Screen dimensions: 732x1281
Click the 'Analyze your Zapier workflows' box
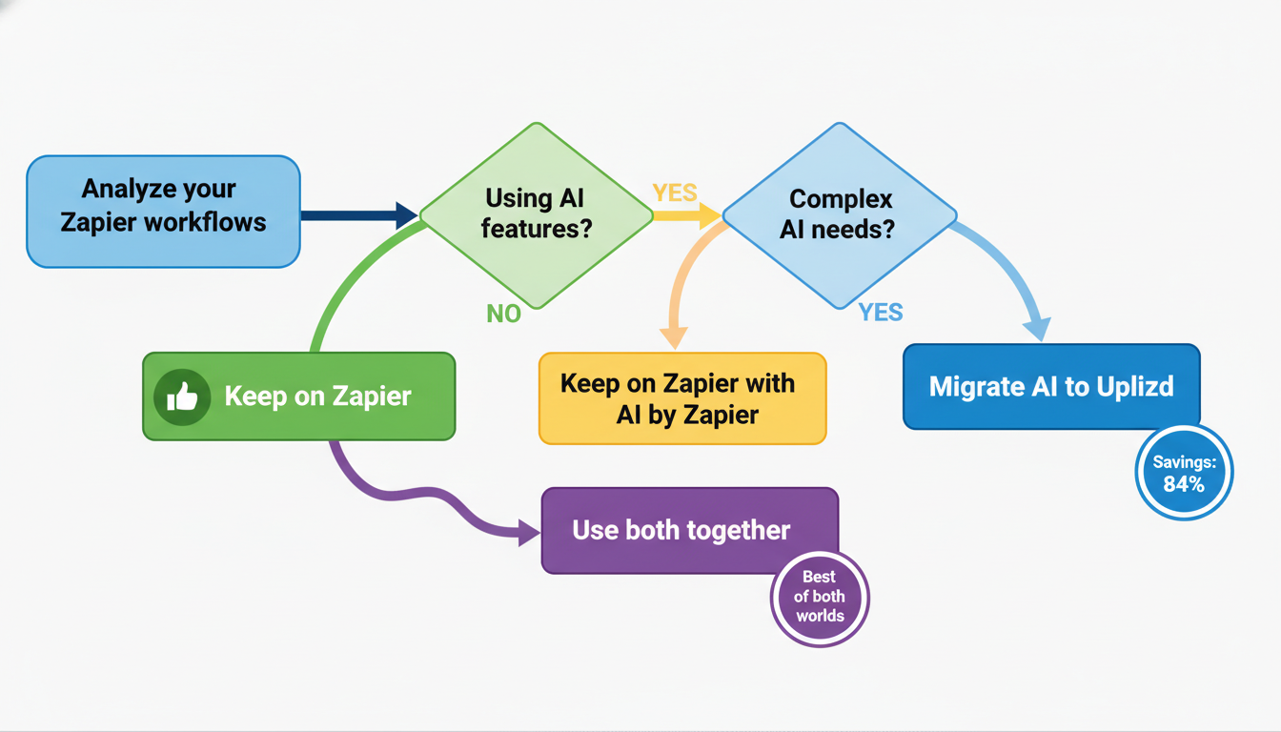tap(163, 211)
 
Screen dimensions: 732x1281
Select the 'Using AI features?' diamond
tap(536, 215)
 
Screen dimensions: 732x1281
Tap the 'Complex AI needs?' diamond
tap(839, 215)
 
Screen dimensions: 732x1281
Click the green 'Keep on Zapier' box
tap(298, 396)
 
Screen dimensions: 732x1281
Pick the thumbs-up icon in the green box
tap(182, 396)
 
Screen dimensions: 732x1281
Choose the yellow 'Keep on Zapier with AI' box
tap(681, 398)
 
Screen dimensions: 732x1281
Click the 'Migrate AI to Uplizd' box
tap(1050, 387)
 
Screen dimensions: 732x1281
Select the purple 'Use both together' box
tap(689, 531)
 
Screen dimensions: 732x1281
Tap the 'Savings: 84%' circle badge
tap(1184, 473)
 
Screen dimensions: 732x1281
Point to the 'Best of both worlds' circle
tap(819, 597)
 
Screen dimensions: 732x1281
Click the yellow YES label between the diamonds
tap(675, 193)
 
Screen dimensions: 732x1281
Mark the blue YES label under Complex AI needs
tap(880, 313)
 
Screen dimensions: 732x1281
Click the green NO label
tap(503, 314)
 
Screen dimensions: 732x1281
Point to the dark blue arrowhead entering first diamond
tap(405, 215)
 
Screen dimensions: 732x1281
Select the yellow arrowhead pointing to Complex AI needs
tap(709, 216)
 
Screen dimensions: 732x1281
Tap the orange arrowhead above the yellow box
tap(674, 336)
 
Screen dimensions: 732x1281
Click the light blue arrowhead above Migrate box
tap(1036, 328)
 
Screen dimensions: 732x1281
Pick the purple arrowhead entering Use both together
tap(529, 532)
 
